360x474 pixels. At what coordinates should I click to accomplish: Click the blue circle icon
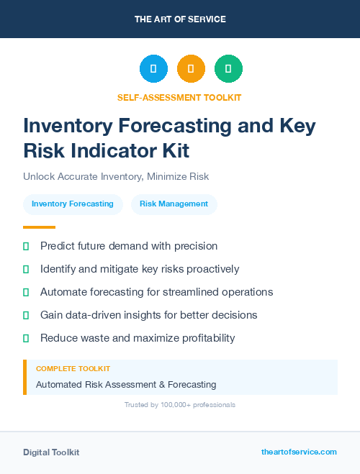pos(153,68)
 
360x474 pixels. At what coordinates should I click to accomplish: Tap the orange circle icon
pos(191,68)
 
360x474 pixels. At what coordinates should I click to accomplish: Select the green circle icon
pos(228,68)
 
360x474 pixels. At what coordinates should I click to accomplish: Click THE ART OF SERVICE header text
pos(180,19)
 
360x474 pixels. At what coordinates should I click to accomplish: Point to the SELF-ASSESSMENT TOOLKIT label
pos(179,97)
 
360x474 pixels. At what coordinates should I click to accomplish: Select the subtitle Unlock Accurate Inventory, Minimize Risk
pos(115,176)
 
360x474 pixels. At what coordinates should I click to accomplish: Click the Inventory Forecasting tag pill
pos(73,204)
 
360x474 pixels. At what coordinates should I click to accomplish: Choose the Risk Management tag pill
pos(174,204)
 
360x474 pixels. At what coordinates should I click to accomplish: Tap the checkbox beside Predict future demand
pos(26,246)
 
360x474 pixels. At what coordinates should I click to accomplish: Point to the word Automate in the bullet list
pos(63,292)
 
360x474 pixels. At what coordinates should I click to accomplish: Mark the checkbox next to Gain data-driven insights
pos(26,315)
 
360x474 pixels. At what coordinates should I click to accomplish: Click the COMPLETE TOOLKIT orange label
pos(73,369)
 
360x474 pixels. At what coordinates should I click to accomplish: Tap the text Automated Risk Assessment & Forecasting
pos(126,385)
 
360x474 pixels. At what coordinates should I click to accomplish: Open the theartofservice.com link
pos(299,452)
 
